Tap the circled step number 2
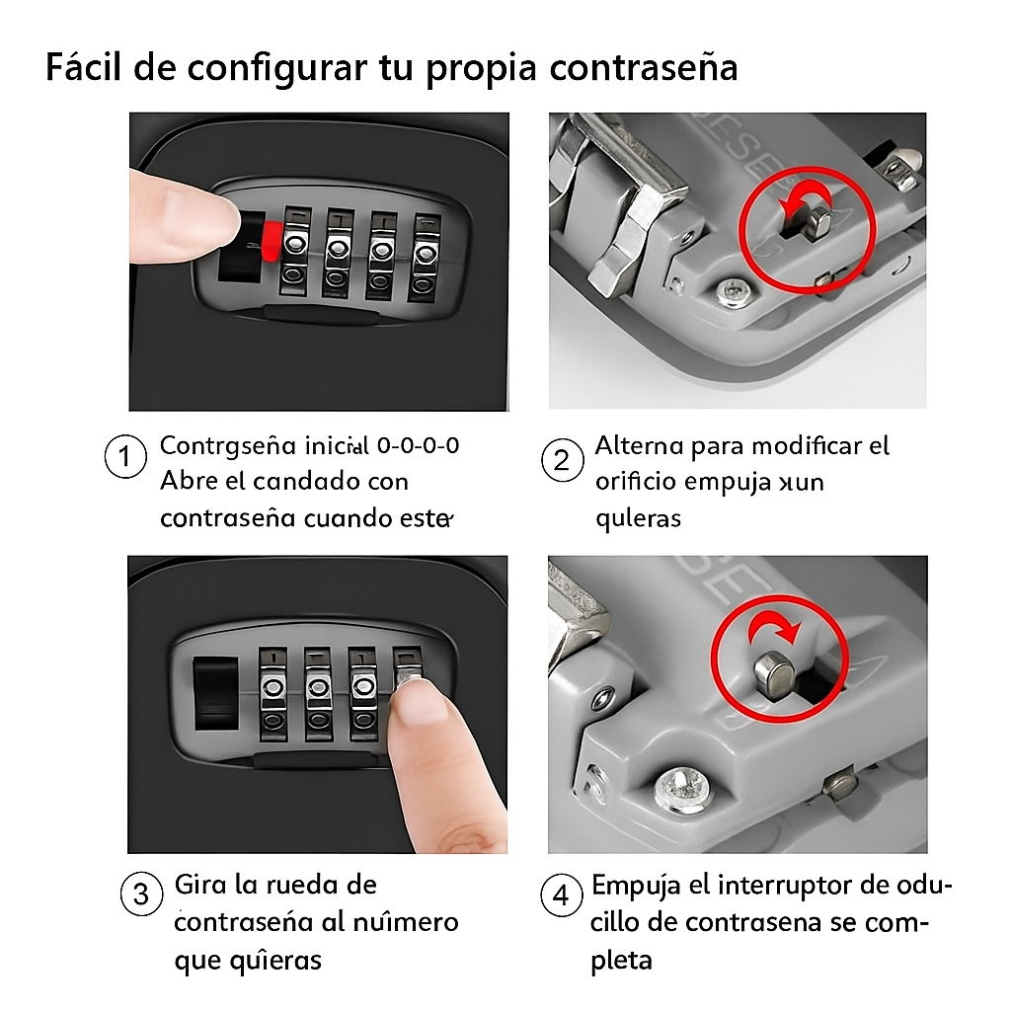563,461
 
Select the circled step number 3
141,894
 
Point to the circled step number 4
562,896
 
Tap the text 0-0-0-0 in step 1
418,445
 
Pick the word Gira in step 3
200,884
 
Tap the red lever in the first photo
270,238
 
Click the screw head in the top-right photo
733,292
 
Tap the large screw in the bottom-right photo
681,791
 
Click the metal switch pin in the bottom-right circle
772,674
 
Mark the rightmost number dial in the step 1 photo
424,255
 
